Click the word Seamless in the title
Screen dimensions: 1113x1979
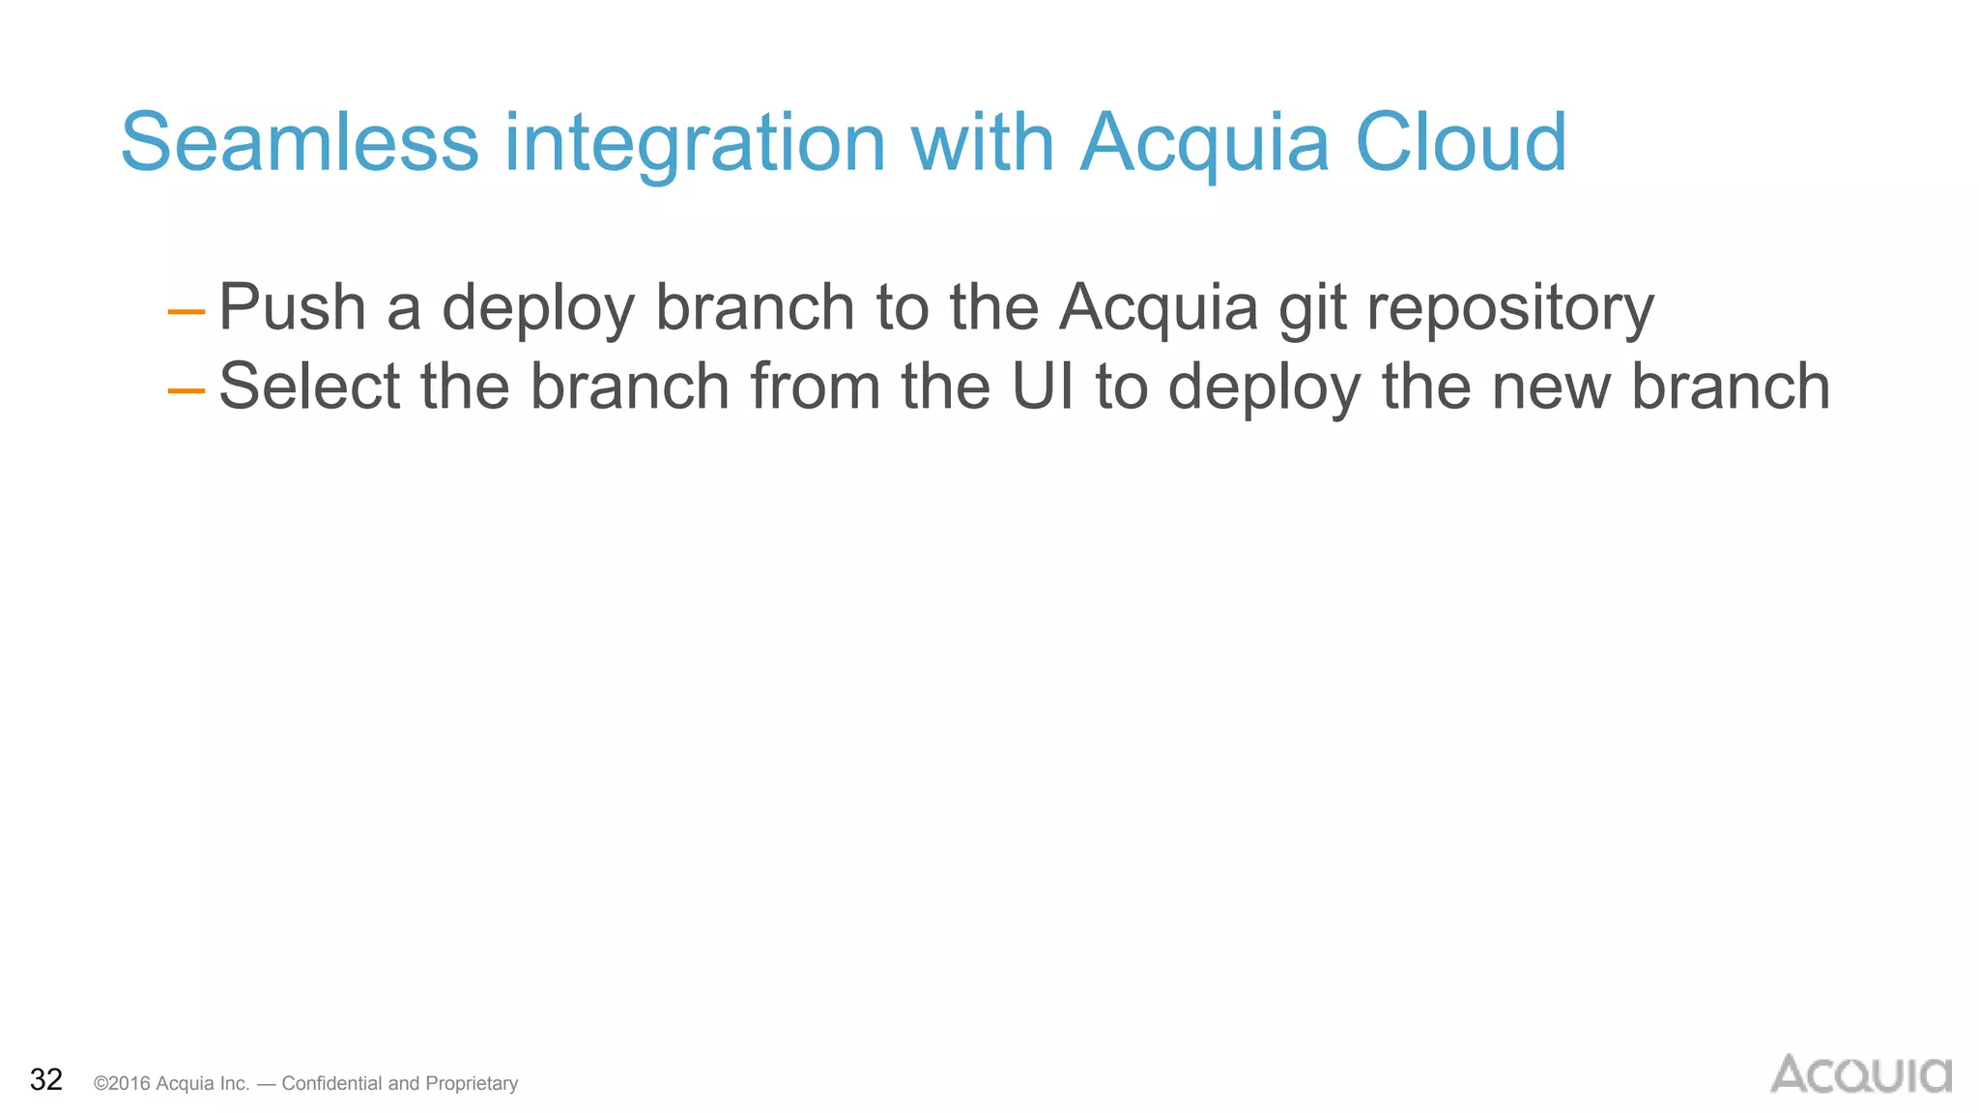300,142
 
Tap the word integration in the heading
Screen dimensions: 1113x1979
694,142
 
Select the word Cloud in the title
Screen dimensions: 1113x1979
1460,142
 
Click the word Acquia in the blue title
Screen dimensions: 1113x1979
1204,142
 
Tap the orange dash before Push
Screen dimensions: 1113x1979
186,311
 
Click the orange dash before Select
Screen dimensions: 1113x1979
186,390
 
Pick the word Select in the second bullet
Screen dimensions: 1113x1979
309,386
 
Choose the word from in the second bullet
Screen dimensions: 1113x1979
815,386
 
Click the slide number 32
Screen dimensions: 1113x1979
46,1079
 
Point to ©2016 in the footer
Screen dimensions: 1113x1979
122,1083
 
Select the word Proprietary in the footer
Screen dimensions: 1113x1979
472,1083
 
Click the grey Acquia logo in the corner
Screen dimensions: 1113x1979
1860,1073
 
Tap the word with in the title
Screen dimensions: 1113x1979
982,142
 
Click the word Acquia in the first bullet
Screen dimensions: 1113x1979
1159,307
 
